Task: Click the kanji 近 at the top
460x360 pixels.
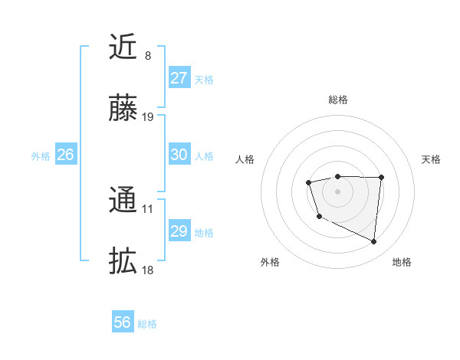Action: click(x=123, y=47)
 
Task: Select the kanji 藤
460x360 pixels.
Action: click(x=123, y=109)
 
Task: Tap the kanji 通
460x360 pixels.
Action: click(x=123, y=201)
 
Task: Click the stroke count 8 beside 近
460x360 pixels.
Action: click(x=147, y=56)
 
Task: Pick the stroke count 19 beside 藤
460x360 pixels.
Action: click(x=148, y=117)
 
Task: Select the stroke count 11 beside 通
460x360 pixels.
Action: click(x=148, y=208)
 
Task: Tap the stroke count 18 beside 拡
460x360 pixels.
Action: click(x=148, y=270)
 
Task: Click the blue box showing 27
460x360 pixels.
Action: click(x=179, y=78)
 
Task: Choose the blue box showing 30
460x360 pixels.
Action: click(x=179, y=155)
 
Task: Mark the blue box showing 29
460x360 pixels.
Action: click(x=179, y=231)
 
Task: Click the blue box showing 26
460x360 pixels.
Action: click(x=65, y=155)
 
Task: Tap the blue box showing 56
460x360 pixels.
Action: click(x=123, y=322)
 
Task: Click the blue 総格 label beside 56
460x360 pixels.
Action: click(x=147, y=324)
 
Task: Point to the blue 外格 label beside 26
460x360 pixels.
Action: click(x=41, y=156)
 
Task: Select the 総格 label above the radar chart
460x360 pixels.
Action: click(x=337, y=100)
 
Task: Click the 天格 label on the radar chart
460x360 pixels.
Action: click(x=431, y=159)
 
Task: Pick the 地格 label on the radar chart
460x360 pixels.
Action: click(x=402, y=263)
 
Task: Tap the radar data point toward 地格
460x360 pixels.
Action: click(x=374, y=242)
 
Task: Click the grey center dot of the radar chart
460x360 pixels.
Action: click(x=337, y=191)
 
